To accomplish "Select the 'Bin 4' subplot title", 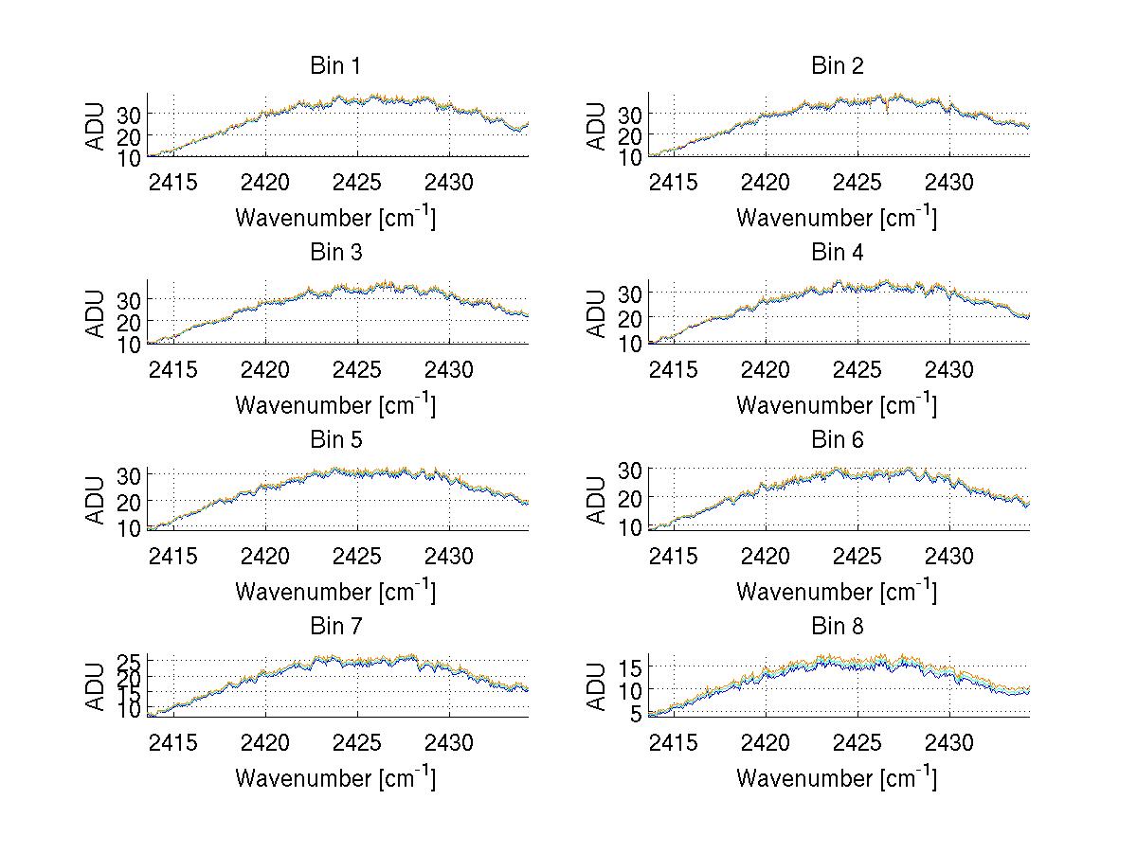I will point(837,253).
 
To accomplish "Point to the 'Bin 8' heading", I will point(837,627).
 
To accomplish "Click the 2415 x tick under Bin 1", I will point(173,182).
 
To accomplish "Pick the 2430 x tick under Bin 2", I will point(949,182).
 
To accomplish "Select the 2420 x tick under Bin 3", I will point(265,368).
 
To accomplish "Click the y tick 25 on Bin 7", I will point(131,661).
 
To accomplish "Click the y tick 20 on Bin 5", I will point(131,501).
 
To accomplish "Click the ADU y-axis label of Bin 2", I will point(597,125).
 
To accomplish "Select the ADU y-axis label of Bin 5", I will point(96,499).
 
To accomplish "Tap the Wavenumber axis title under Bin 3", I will point(335,404).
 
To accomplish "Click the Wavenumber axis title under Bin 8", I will point(837,778).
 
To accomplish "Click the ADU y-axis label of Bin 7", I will point(96,685).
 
